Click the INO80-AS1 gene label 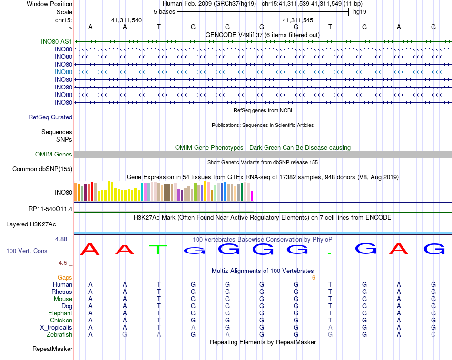tap(57, 41)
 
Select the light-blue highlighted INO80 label tap(63, 72)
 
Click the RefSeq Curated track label tap(50, 117)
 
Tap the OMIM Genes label tap(54, 154)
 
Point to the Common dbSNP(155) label tap(42, 169)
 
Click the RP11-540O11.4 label tap(50, 209)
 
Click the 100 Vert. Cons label tap(27, 251)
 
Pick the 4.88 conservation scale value tap(61, 239)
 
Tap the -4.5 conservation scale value tap(62, 263)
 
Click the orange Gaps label tap(65, 277)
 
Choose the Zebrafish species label tap(60, 334)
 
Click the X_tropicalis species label tap(56, 327)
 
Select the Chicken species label tap(61, 320)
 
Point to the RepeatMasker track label tap(52, 349)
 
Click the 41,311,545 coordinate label tap(298, 20)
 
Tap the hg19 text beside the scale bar tap(359, 11)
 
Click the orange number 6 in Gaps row tap(314, 277)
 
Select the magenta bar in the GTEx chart tap(252, 195)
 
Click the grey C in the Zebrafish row tap(433, 334)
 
